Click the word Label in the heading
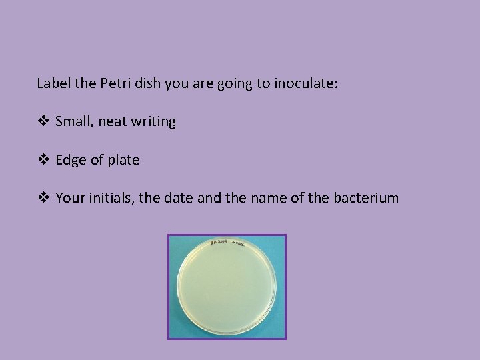[x=52, y=83]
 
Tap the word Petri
[x=115, y=83]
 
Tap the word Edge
[x=69, y=160]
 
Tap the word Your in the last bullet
[x=69, y=198]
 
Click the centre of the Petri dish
[x=227, y=287]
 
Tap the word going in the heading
[x=213, y=84]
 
